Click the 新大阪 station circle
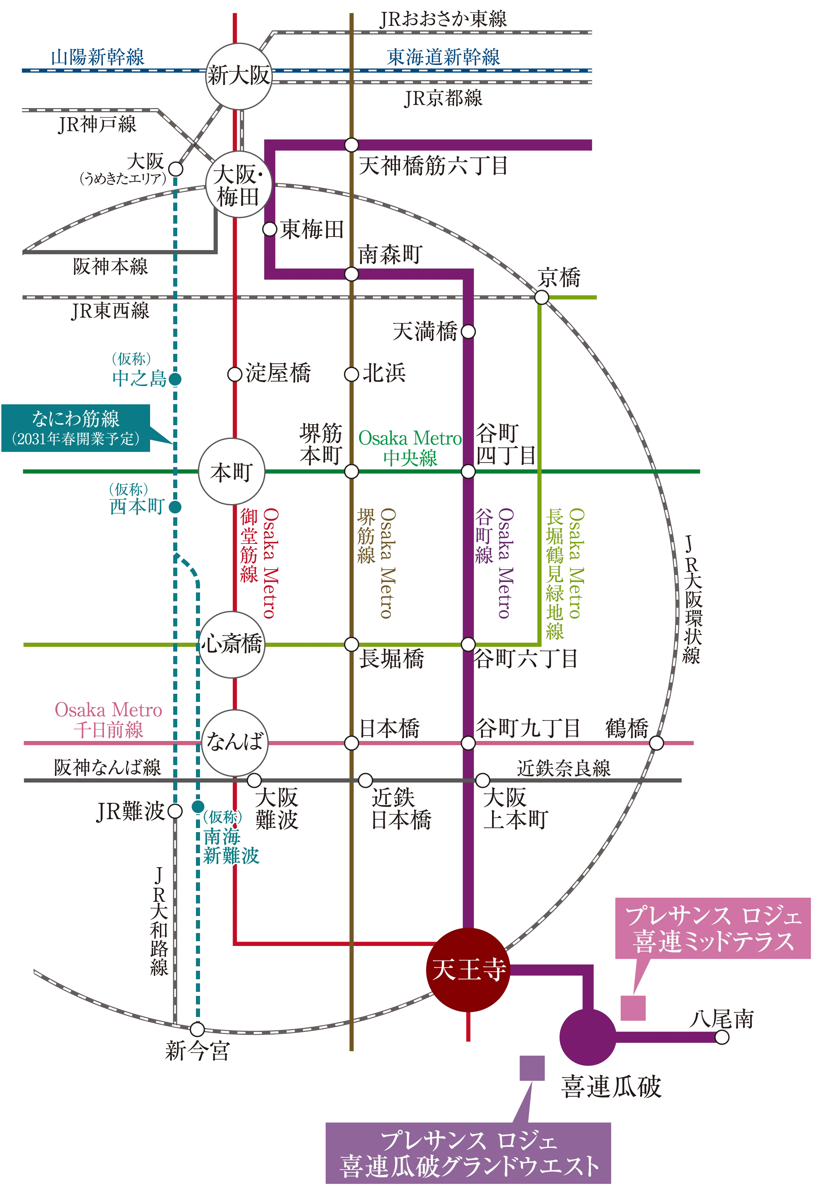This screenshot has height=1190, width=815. [238, 76]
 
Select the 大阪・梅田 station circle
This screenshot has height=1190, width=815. [238, 185]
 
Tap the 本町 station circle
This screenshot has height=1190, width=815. [232, 471]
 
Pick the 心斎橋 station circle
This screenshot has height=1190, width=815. [232, 644]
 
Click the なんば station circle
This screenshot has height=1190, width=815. [235, 742]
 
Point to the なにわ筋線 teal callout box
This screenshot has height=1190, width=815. [76, 428]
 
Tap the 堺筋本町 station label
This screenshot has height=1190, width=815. [320, 444]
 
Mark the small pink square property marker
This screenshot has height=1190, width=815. [633, 1009]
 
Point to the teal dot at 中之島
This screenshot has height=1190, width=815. [176, 379]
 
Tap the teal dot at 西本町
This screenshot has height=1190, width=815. [176, 507]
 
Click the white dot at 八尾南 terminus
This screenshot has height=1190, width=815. [721, 1037]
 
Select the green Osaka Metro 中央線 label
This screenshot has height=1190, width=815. [410, 448]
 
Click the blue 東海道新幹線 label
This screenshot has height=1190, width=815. [443, 57]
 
